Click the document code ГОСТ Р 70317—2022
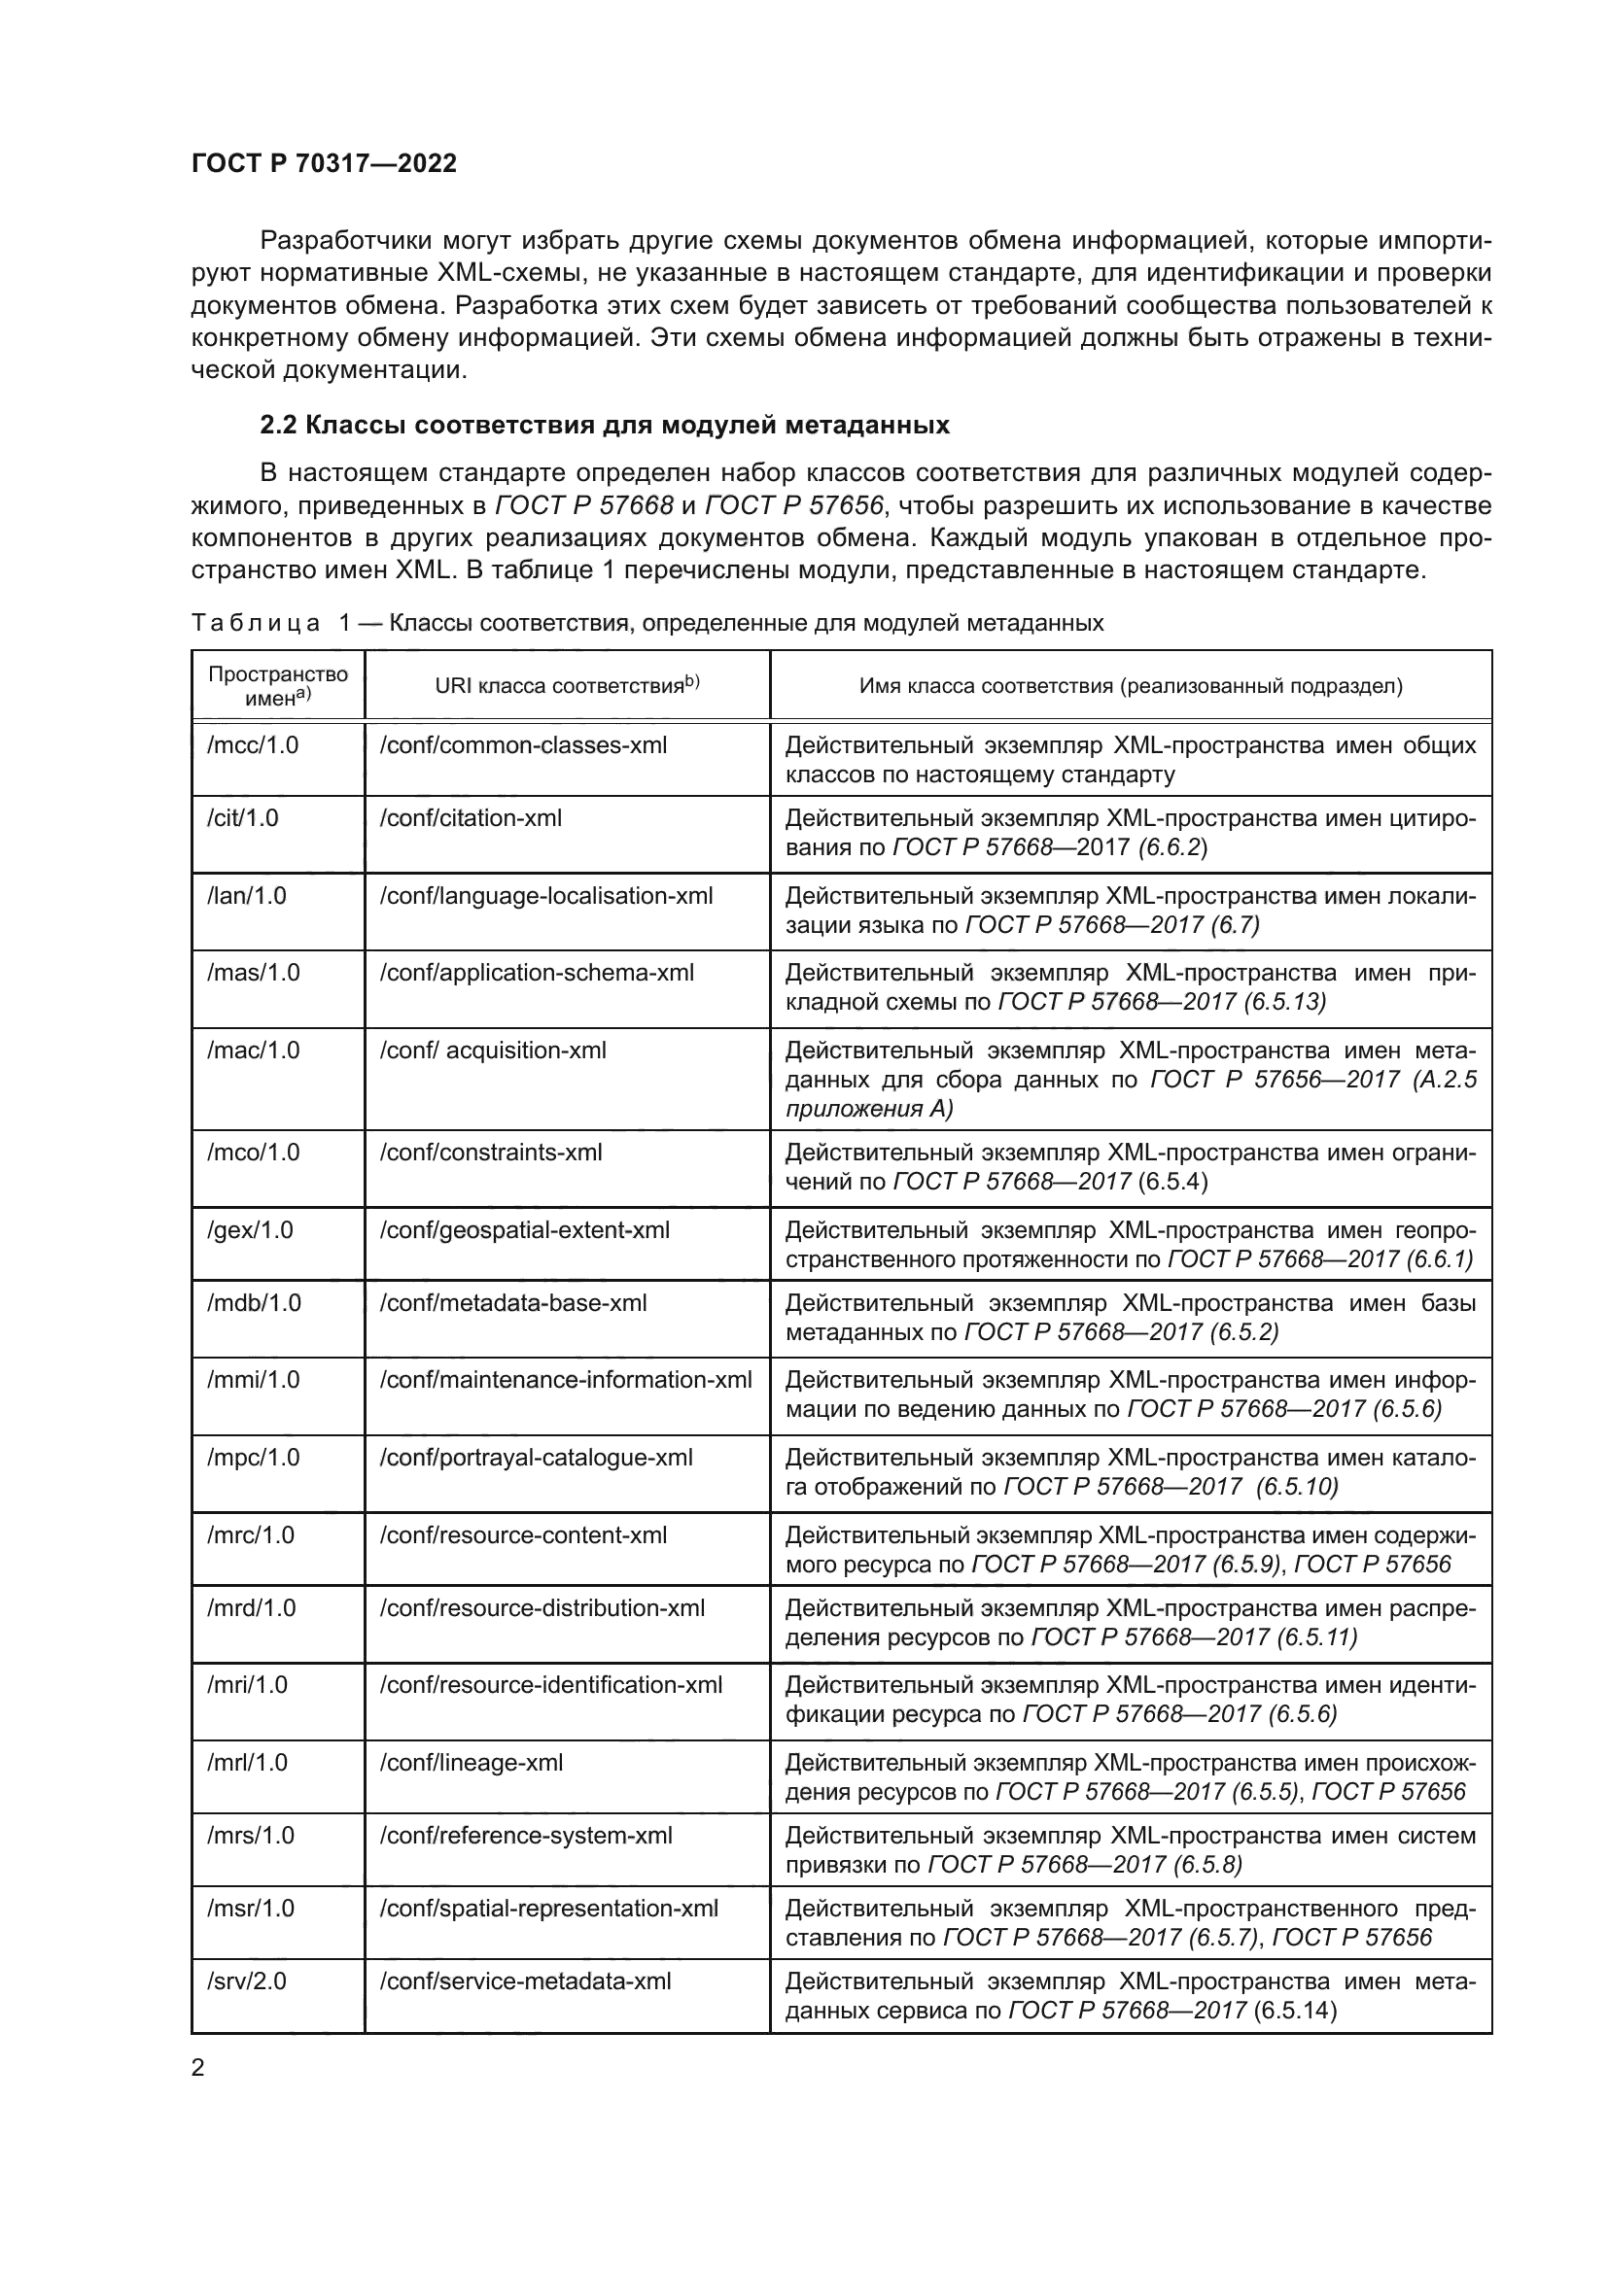click(324, 163)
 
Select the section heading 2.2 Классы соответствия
click(604, 425)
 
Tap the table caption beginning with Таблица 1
click(647, 623)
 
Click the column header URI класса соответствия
click(567, 685)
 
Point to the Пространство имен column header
click(277, 685)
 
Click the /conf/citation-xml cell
click(471, 817)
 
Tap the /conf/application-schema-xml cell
click(537, 973)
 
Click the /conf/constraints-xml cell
click(490, 1153)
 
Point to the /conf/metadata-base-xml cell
click(513, 1303)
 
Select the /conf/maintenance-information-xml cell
click(566, 1380)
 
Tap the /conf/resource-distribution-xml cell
click(542, 1607)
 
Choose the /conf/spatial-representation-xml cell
click(548, 1908)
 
